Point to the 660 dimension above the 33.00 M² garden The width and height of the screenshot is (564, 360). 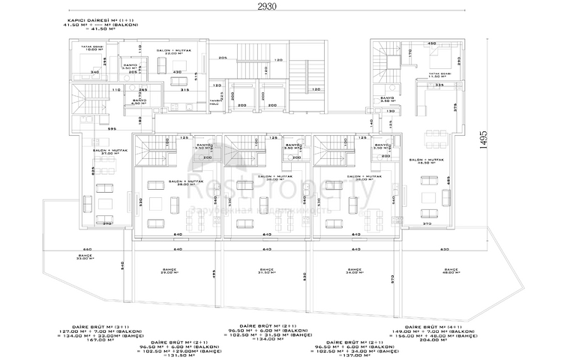pyautogui.click(x=86, y=249)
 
